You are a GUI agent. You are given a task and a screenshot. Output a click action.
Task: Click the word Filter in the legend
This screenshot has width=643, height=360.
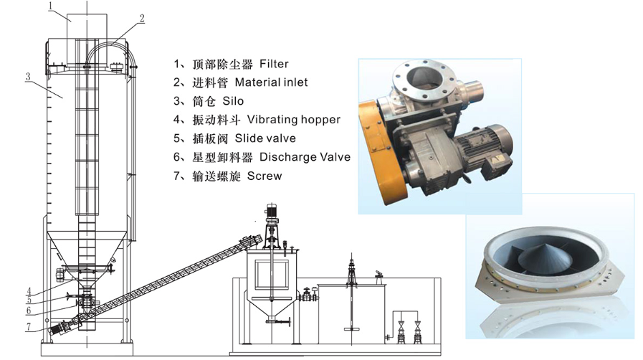click(274, 64)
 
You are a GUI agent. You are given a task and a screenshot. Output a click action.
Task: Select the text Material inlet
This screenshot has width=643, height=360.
click(271, 82)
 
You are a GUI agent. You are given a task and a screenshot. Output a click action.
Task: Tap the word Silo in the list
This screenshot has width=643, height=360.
click(233, 101)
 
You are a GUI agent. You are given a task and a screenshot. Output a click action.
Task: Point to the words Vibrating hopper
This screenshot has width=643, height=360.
click(294, 120)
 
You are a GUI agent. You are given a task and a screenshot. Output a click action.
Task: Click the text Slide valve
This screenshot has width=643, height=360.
click(265, 138)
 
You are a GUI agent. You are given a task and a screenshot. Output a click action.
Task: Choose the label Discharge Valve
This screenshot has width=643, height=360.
click(305, 157)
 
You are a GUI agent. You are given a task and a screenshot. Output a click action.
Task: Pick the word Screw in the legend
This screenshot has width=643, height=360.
click(265, 176)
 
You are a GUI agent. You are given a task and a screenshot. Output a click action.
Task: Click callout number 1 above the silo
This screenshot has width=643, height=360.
click(52, 6)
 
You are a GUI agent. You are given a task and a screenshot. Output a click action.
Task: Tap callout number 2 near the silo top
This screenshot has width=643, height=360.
click(142, 19)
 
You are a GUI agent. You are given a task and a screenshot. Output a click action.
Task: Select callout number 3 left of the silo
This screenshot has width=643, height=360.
click(28, 77)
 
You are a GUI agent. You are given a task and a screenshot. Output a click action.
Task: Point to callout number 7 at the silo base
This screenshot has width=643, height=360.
click(28, 327)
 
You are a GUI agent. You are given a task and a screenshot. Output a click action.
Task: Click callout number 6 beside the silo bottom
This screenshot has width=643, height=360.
click(28, 311)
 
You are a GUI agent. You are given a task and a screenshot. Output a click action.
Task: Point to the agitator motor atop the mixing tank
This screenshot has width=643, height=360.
click(271, 211)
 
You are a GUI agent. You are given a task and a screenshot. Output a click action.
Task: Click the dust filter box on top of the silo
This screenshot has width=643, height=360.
click(87, 39)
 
